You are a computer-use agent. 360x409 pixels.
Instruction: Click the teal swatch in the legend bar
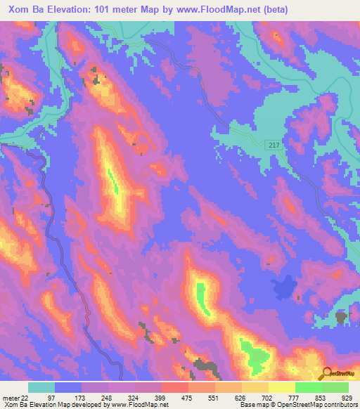coord(41,387)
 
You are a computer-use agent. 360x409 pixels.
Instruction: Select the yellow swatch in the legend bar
coord(282,387)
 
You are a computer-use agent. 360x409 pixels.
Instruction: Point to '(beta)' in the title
coord(291,11)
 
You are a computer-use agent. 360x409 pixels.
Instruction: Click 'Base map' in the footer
coord(252,405)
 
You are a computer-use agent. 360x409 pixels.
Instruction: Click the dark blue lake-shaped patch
coord(283,287)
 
